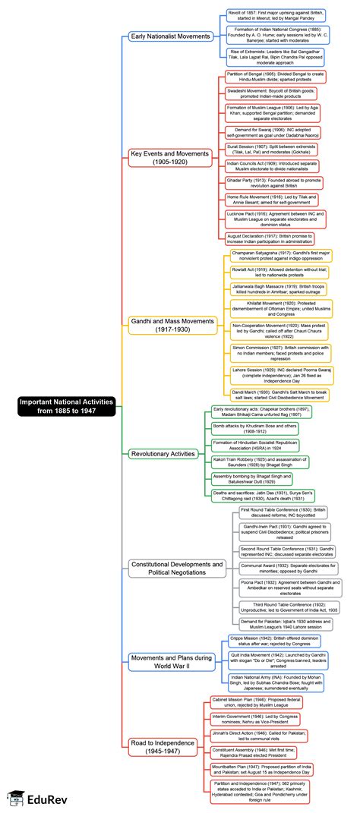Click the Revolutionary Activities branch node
click(x=163, y=453)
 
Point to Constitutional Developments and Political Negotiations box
click(x=177, y=569)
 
